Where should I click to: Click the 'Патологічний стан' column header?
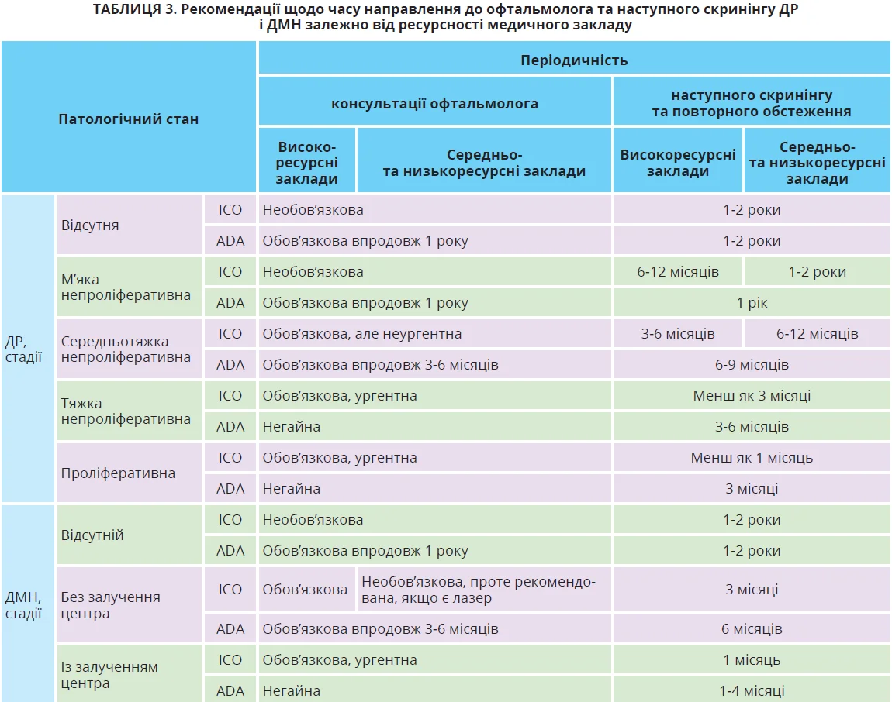tap(129, 119)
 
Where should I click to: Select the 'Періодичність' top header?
tap(574, 60)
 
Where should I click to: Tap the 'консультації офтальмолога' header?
tap(434, 103)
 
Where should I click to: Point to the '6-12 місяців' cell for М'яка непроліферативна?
tap(677, 272)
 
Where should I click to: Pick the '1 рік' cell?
tap(752, 303)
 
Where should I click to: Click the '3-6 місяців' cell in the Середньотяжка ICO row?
tap(677, 334)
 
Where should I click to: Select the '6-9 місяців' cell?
tap(752, 365)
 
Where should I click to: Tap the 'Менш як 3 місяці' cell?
tap(752, 396)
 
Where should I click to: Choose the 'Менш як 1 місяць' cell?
tap(752, 458)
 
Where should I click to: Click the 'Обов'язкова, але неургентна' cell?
tap(362, 334)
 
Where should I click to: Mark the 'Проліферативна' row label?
tap(118, 473)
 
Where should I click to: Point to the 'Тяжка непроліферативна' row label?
tap(126, 411)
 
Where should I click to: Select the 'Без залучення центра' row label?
tap(111, 605)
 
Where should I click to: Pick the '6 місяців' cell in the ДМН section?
tap(752, 629)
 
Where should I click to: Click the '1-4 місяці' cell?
tap(752, 691)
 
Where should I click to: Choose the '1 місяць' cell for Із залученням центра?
tap(752, 660)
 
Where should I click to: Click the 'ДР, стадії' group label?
tap(23, 349)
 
